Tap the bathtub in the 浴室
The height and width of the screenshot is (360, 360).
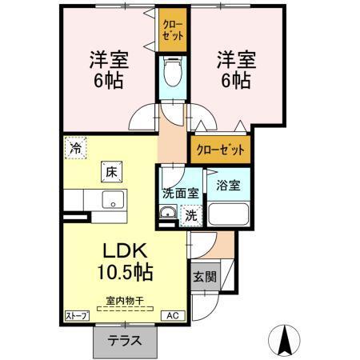tap(228, 214)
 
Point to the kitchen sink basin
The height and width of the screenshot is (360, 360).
tap(110, 201)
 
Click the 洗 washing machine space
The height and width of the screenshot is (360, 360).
tap(191, 214)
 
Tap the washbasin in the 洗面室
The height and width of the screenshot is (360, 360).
tap(168, 214)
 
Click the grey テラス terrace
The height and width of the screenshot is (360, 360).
tap(125, 340)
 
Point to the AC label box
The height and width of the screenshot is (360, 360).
tap(171, 316)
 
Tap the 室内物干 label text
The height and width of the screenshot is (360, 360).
tap(124, 301)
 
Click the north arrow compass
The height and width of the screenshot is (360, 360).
tap(286, 340)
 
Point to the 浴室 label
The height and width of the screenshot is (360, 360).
tap(228, 186)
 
